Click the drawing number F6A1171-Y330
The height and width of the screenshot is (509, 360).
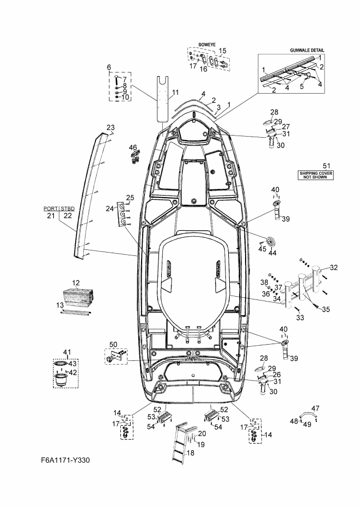coord(65,460)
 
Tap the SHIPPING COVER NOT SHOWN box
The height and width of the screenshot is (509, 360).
coord(315,175)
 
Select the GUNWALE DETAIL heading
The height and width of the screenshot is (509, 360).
coord(307,50)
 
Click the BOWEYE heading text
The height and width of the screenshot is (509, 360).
coord(207,45)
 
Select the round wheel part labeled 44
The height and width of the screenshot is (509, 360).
coord(270,241)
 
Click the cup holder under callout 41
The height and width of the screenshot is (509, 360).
coord(62,379)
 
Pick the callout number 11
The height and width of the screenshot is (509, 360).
coord(175,93)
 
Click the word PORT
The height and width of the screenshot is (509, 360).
coord(51,208)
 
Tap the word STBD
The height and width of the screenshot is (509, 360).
coord(68,208)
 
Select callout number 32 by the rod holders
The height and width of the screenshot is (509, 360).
coord(334,267)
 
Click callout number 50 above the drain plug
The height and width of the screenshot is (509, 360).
coord(113,345)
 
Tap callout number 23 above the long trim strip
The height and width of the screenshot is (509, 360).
coord(111,127)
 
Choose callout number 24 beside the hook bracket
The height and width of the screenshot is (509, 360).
coord(109,208)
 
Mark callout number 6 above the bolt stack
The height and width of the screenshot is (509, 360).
coord(109,67)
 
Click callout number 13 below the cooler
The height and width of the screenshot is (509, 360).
coord(60,305)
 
